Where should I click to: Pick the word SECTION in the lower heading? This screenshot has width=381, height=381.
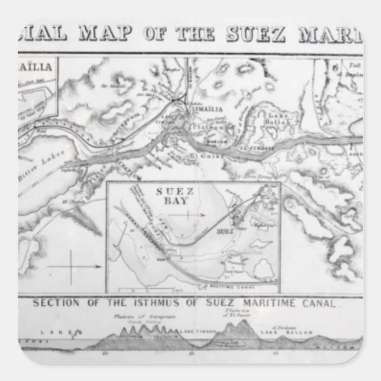coord(54,305)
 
